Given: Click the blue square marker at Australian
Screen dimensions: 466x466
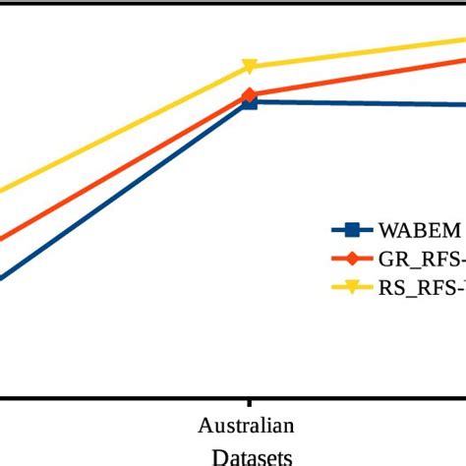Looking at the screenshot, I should tap(250, 101).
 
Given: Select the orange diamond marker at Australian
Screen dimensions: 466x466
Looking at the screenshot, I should tap(250, 95).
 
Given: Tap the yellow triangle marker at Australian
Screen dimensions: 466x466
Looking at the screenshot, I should tap(250, 67).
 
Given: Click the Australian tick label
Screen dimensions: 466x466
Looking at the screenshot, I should tap(246, 427).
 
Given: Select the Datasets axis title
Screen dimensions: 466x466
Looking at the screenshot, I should tap(251, 456).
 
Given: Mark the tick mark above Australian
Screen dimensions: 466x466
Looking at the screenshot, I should tap(249, 404).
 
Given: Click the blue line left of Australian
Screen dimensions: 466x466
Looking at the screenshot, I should tap(128, 192).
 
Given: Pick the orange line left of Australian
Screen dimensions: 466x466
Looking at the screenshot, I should tap(128, 166).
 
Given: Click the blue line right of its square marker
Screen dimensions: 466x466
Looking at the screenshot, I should tap(364, 103).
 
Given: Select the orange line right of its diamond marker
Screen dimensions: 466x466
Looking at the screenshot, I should tap(364, 76).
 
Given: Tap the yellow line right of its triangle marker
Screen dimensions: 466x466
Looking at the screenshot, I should tap(364, 52).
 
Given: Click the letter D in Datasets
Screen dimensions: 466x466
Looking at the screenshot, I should tap(218, 456).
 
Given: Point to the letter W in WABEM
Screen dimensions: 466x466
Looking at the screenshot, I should tap(387, 231).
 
